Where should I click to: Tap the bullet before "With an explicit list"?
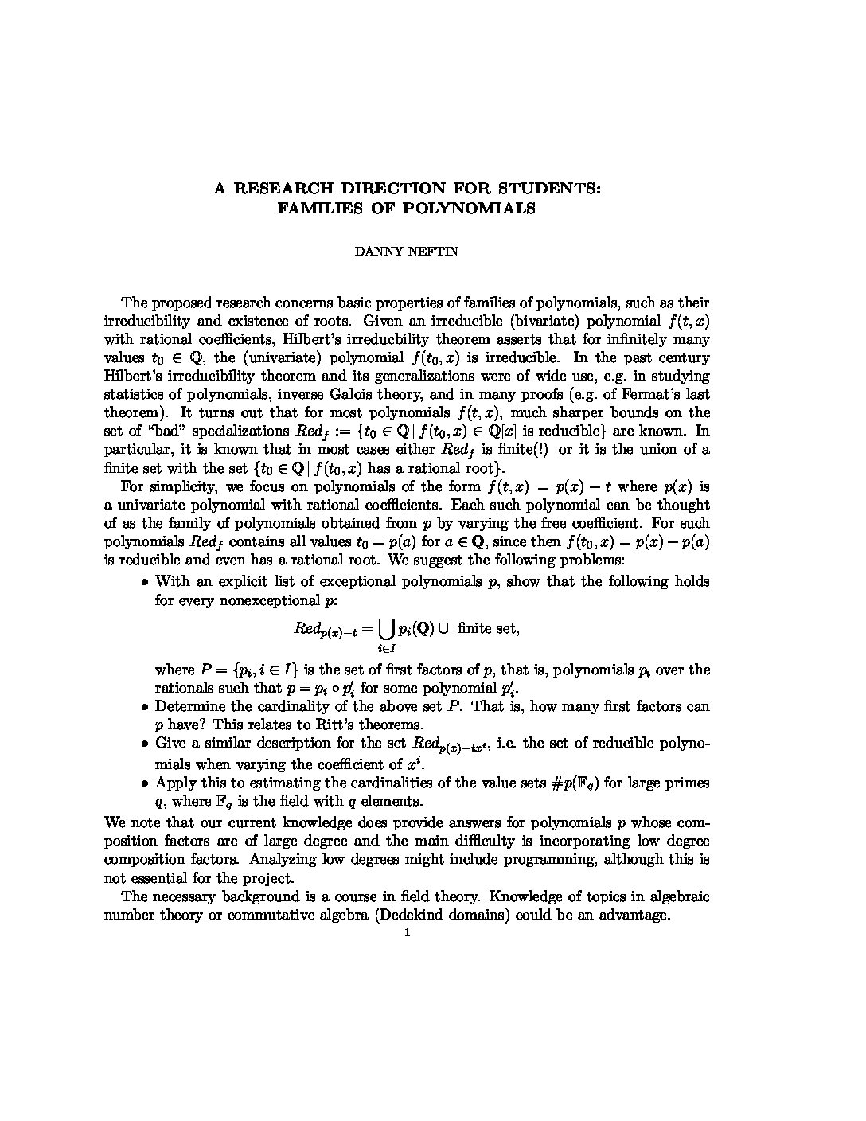[x=145, y=582]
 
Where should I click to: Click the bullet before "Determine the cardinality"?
[x=145, y=706]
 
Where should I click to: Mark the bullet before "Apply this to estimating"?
[x=145, y=783]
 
